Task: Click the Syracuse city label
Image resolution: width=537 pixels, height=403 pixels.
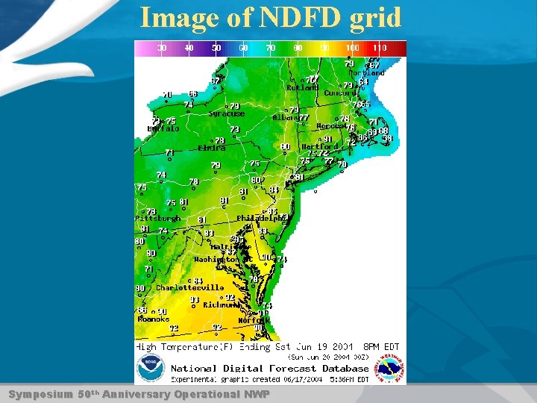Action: tap(227, 114)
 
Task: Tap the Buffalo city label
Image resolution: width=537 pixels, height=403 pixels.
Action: tap(163, 128)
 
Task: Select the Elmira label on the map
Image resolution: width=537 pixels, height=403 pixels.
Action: tap(212, 148)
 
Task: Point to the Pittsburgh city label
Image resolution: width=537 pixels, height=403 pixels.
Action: tap(158, 219)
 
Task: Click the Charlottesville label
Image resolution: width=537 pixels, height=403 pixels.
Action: tap(189, 287)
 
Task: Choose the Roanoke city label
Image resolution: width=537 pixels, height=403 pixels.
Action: tap(154, 319)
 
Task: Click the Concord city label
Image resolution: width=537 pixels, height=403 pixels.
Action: tap(342, 93)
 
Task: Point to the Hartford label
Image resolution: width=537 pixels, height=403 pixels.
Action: tap(320, 146)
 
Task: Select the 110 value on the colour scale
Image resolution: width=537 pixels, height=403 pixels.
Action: tap(380, 48)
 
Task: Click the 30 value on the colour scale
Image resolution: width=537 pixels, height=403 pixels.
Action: tap(162, 48)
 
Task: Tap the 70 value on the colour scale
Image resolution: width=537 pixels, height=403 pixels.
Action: tap(271, 48)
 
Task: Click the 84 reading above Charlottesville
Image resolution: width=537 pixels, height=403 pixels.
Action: tap(198, 281)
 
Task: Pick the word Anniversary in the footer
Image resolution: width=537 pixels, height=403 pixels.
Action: tap(136, 393)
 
